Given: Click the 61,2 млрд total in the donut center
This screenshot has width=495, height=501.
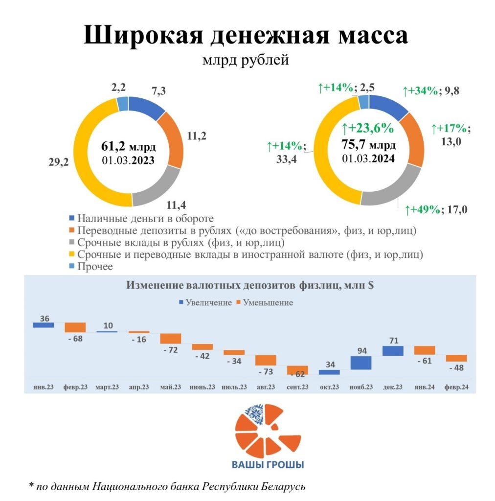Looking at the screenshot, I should pyautogui.click(x=129, y=146).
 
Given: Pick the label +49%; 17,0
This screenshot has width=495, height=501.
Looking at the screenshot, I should pyautogui.click(x=436, y=210).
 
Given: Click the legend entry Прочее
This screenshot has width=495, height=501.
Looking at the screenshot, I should pyautogui.click(x=95, y=266).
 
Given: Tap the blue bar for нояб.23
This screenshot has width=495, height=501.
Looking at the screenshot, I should pyautogui.click(x=361, y=363).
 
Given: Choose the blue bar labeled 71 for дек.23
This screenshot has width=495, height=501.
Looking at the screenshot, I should pyautogui.click(x=393, y=351).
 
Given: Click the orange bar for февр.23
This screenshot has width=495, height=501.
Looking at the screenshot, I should pyautogui.click(x=75, y=327).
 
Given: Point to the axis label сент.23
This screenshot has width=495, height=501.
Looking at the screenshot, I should pyautogui.click(x=297, y=387).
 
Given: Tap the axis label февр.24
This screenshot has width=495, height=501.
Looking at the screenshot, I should pyautogui.click(x=456, y=387).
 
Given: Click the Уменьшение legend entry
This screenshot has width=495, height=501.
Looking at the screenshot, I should pyautogui.click(x=268, y=302).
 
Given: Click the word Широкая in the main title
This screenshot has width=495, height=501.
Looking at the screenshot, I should pyautogui.click(x=138, y=35).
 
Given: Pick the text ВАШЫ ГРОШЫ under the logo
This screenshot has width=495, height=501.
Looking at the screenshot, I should pyautogui.click(x=268, y=464).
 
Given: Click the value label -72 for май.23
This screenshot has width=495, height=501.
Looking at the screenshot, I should pyautogui.click(x=171, y=350).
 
